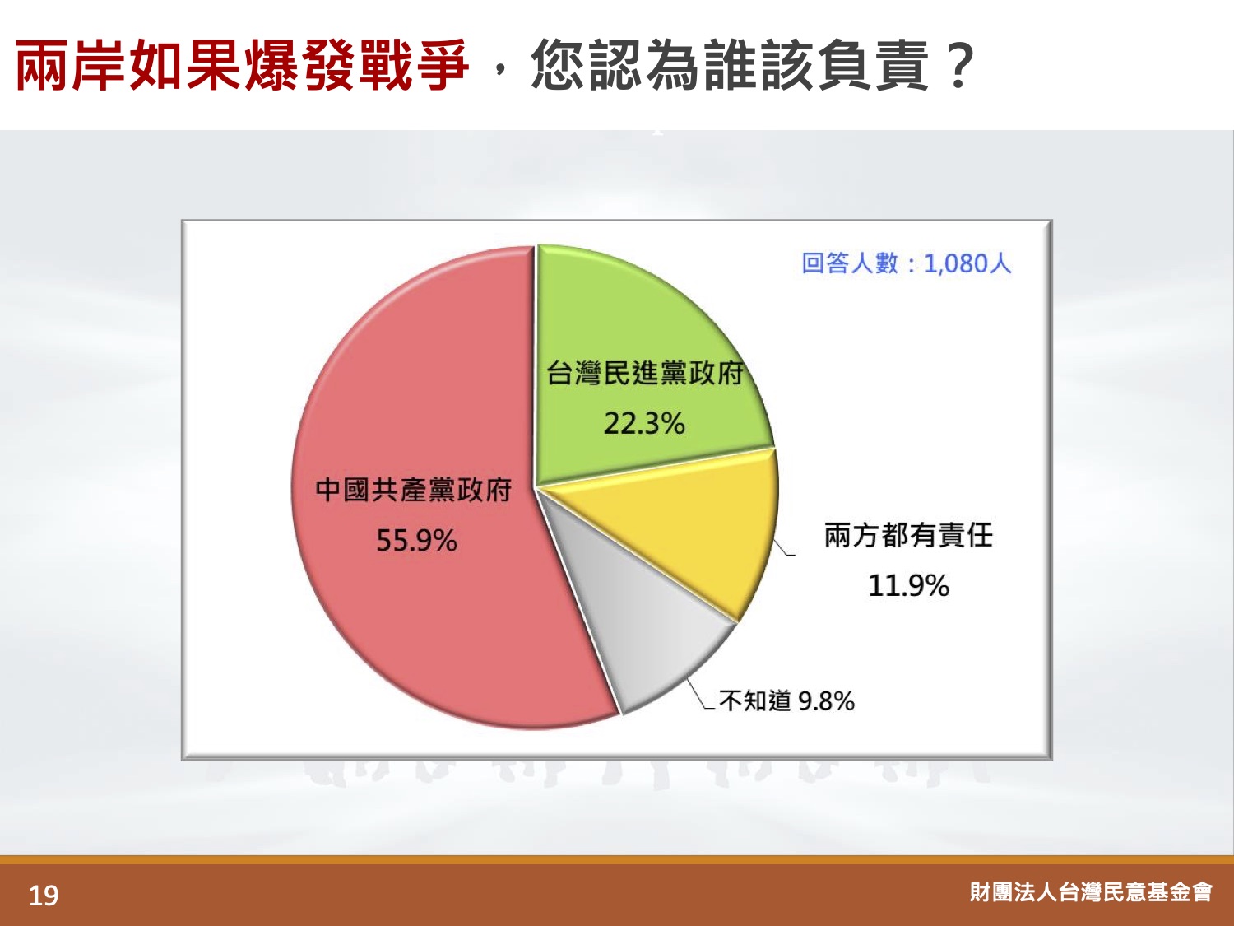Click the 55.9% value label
416,541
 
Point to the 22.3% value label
644,423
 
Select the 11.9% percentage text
908,585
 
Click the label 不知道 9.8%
786,700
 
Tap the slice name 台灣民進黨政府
645,372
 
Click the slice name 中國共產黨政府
414,490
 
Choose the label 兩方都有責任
908,535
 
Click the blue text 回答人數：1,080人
907,263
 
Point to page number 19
44,895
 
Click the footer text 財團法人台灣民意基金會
1091,891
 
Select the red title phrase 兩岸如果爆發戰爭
242,65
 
